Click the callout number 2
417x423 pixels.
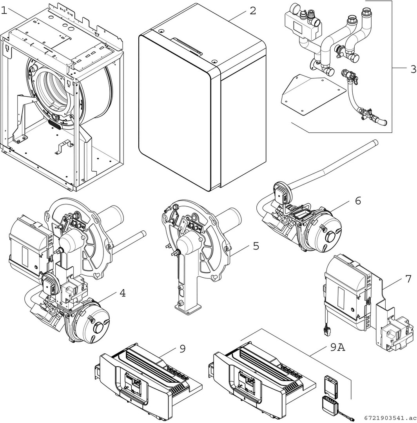pos(252,11)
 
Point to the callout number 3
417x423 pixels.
pos(413,69)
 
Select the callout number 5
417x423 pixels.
pos(256,246)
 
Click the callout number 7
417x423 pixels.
pos(408,279)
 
